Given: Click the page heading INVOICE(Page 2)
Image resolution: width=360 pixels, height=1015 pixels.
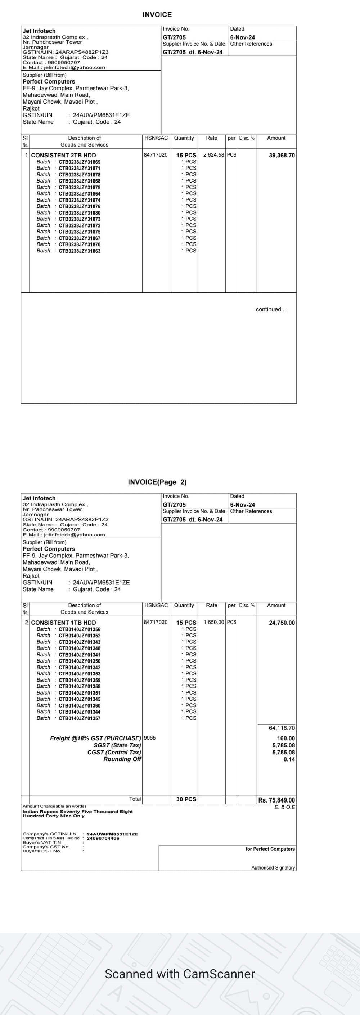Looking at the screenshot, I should pos(157,482).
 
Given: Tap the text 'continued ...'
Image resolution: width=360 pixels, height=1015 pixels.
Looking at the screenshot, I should pos(271,309).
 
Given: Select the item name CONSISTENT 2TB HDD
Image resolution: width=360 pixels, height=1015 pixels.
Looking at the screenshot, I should pos(63,155).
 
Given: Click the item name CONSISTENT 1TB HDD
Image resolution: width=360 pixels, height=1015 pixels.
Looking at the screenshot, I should pos(63,623).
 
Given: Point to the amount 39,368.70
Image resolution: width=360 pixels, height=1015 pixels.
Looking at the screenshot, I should pos(282,155).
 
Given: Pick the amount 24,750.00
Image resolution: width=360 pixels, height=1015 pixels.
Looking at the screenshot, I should pos(282,623).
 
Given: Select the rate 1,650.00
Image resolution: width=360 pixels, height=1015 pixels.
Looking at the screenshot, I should pos(213,622).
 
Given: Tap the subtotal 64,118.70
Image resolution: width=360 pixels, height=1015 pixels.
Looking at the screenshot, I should pos(282,728).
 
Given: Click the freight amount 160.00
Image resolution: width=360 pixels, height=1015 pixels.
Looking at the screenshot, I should pos(285,738).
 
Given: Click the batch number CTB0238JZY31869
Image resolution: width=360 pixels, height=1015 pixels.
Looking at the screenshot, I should pos(80,162).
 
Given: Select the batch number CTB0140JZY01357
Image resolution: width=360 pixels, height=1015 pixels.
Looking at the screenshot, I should pos(80,718).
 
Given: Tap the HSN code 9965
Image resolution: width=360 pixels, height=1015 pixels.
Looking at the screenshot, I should pos(150,738).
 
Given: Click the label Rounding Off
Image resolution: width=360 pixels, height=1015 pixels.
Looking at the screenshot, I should pos(122,759).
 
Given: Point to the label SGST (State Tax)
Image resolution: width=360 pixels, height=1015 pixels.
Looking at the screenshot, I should pos(117,745).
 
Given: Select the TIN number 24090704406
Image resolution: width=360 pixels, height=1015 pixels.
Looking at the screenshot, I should pos(103,838).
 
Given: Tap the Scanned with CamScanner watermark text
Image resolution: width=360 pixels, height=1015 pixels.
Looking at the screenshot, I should pos(180,974).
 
